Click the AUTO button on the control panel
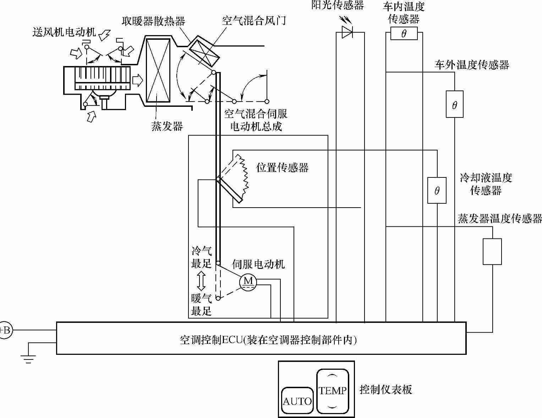[297, 401]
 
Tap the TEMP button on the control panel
[332, 391]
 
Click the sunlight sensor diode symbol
[347, 32]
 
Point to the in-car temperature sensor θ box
[404, 34]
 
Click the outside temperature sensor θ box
[454, 104]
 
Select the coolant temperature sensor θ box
[437, 191]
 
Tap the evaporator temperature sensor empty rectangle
[492, 251]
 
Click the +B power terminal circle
[5, 330]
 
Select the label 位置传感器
[283, 167]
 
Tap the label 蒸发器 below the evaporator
[167, 126]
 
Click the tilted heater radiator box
[203, 53]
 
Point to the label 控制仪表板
[386, 390]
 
